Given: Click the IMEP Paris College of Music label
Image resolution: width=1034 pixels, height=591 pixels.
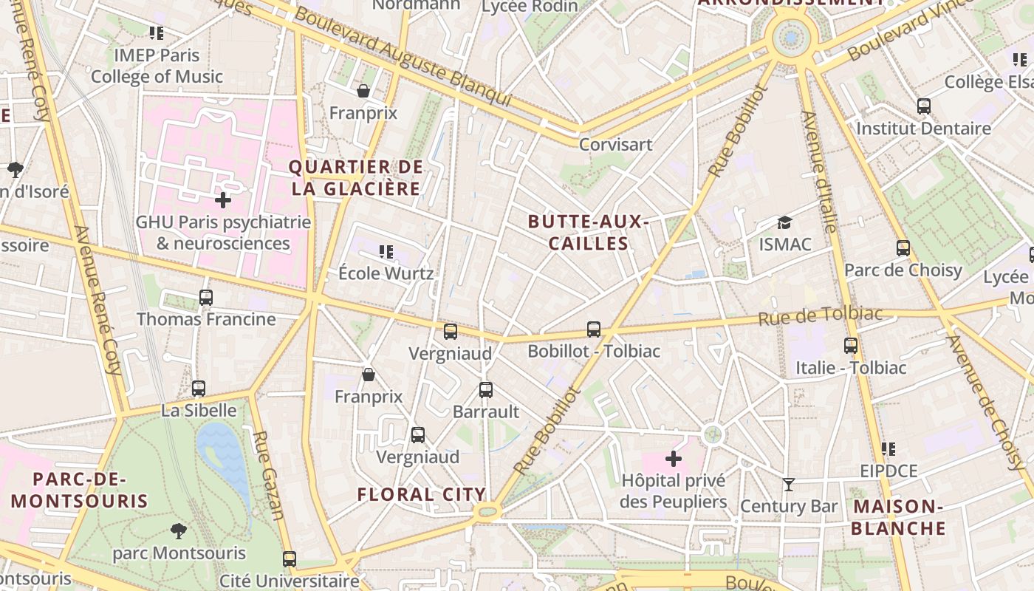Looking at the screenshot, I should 157,66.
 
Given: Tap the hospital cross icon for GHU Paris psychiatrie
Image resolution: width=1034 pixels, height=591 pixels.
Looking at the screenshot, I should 223,200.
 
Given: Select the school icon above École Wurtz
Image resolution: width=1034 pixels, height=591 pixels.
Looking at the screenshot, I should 386,252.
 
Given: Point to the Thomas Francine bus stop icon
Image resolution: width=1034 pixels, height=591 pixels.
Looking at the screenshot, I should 206,298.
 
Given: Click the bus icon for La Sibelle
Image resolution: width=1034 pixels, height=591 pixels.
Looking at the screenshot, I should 199,389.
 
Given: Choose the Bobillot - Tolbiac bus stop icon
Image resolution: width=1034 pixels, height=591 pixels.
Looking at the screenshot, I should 594,329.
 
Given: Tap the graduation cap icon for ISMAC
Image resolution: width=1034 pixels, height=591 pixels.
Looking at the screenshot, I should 784,222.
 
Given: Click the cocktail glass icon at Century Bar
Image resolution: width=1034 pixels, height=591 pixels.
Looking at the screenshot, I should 789,485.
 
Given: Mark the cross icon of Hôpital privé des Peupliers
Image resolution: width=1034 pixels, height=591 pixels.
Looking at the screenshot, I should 673,459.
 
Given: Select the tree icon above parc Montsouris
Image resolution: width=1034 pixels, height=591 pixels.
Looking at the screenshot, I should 178,530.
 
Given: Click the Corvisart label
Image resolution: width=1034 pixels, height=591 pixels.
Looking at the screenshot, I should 615,144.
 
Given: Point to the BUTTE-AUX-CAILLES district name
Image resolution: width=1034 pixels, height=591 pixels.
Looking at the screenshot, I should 589,232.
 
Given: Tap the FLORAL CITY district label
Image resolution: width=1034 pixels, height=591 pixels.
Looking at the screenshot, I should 422,494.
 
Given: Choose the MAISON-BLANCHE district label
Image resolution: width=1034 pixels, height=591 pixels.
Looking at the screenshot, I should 898,517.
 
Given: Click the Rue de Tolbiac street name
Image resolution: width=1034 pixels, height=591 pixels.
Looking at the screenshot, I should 820,316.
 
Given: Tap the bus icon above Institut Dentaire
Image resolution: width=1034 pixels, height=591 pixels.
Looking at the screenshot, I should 923,106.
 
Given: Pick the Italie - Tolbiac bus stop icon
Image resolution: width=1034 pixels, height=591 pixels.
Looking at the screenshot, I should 851,345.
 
